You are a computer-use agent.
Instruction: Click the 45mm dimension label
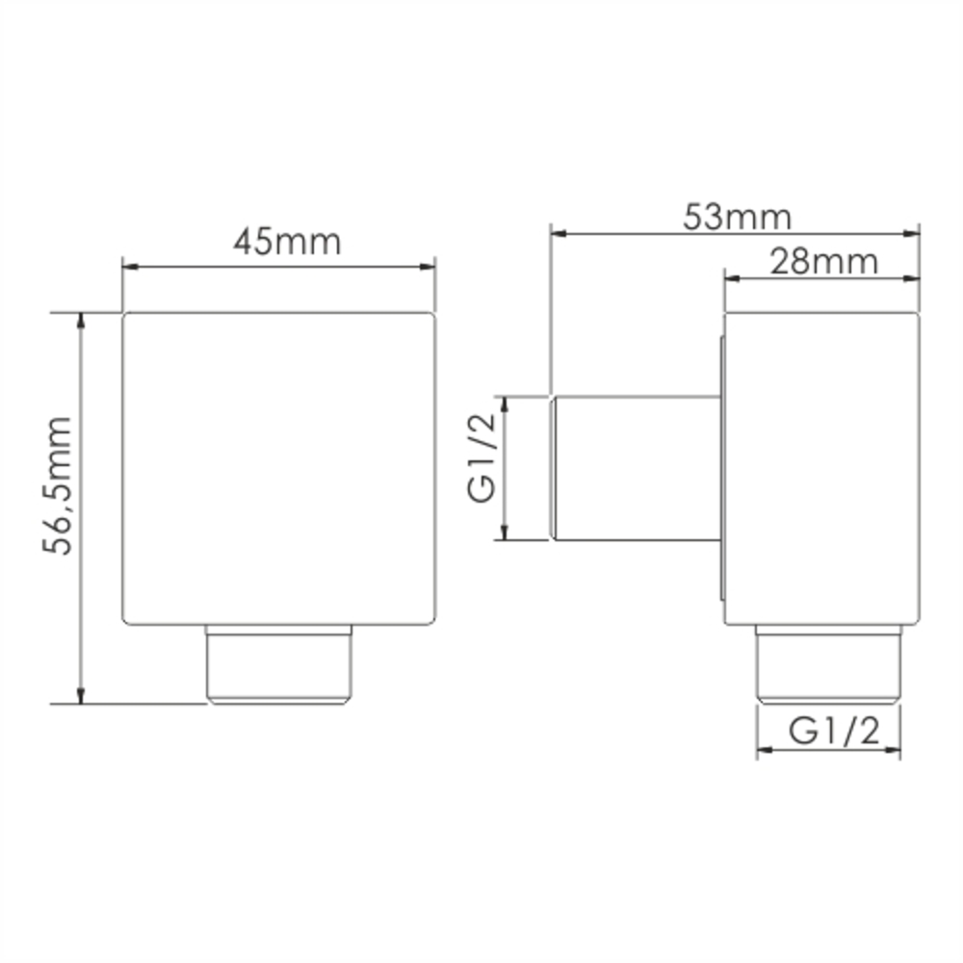[x=287, y=242]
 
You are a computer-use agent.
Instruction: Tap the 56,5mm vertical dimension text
[x=58, y=485]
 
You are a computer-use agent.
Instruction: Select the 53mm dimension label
[x=738, y=218]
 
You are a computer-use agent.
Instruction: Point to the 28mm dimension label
[x=824, y=262]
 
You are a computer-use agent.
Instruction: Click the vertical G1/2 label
[x=481, y=457]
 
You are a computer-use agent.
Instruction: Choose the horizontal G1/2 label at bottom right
[x=834, y=731]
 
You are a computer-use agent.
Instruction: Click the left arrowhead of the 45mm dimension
[x=131, y=267]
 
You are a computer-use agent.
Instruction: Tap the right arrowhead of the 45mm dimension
[x=427, y=267]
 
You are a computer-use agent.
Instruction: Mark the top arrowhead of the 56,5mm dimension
[x=81, y=322]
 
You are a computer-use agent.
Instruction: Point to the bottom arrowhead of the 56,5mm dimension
[x=81, y=695]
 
